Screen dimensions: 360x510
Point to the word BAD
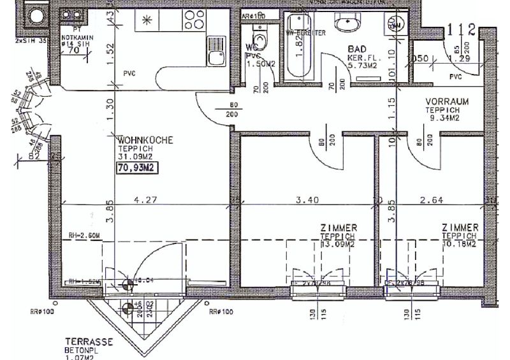click(356, 49)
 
